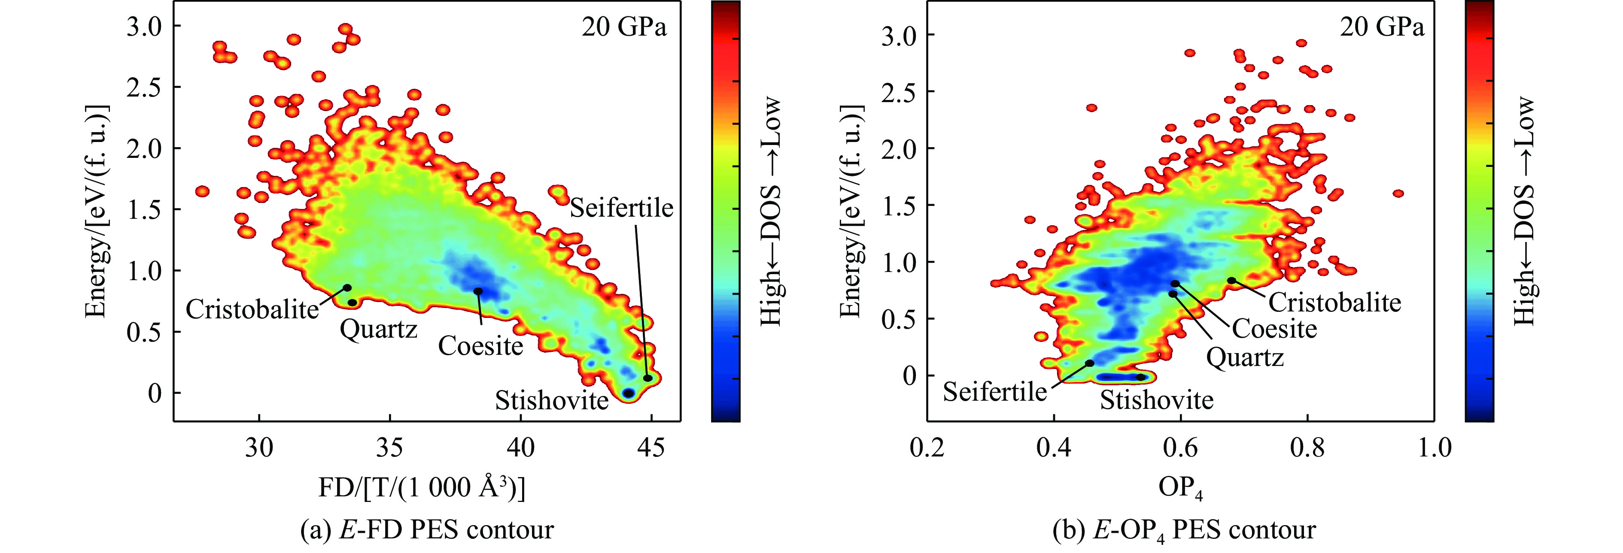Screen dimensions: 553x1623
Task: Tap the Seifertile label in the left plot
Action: point(621,208)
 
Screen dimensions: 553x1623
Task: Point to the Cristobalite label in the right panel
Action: point(1334,303)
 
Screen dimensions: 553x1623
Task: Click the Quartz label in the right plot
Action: point(1244,358)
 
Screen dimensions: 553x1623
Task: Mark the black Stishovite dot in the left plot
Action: point(628,393)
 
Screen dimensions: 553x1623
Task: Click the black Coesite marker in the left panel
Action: point(478,291)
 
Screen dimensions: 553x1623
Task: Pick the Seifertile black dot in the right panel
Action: point(1089,363)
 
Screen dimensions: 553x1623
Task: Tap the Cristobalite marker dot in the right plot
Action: point(1231,280)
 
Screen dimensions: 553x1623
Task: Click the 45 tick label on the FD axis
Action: point(651,448)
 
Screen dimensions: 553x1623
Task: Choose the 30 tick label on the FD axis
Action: point(259,448)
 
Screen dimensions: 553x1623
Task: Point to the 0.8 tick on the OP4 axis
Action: point(1307,448)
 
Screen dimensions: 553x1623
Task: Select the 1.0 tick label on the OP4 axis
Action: point(1434,448)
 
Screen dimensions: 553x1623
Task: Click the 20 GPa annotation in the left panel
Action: point(624,28)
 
